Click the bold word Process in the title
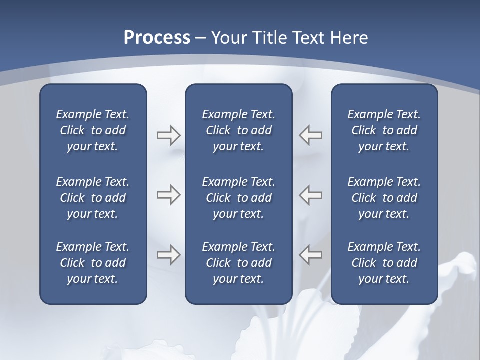tap(157, 38)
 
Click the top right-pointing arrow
tap(168, 135)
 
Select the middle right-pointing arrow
tap(168, 195)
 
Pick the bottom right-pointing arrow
tap(168, 255)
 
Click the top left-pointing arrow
tap(311, 135)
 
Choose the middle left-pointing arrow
tap(311, 195)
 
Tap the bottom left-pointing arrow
tap(311, 255)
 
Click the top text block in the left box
tap(93, 130)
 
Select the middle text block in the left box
tap(93, 198)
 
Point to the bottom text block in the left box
tap(93, 263)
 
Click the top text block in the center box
tap(239, 130)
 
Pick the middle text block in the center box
tap(239, 198)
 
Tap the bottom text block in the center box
tap(239, 263)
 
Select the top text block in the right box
tap(384, 130)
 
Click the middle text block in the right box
tap(384, 198)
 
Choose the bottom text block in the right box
tap(384, 263)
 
